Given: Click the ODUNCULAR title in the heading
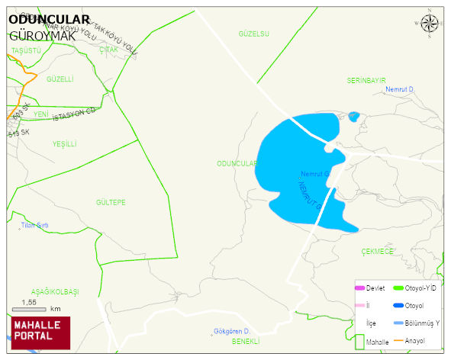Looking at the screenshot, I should point(49,21).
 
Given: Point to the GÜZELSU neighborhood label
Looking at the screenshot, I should point(254,34).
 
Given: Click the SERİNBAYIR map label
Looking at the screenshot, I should point(366,80).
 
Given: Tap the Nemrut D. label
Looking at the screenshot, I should point(399,90).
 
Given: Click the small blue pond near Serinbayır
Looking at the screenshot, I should point(353,117).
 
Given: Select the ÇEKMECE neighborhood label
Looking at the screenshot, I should point(377,250).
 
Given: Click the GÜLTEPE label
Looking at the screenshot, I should point(111,202).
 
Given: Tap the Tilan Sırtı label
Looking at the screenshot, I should point(34,225).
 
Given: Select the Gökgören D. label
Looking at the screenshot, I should point(232,331).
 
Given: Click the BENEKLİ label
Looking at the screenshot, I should point(246,341).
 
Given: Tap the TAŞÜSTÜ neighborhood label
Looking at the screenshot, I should point(26,50).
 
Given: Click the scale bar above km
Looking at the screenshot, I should point(30,310).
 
